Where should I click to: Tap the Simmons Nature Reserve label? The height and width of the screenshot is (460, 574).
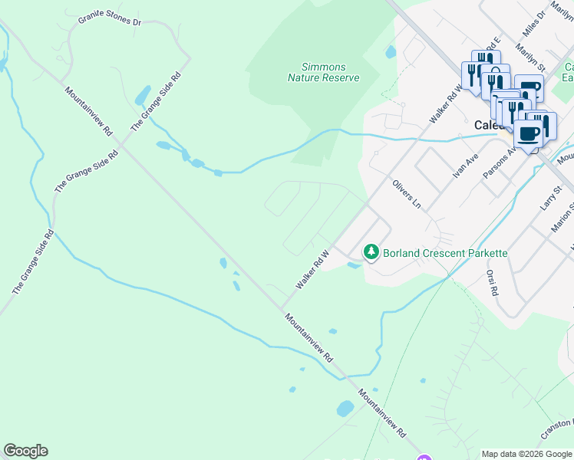[x=323, y=72]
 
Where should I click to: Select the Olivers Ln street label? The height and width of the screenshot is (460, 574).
[x=407, y=194]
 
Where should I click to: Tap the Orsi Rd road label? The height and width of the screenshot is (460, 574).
[x=492, y=282]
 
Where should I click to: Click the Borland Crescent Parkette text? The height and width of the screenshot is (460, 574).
[x=445, y=252]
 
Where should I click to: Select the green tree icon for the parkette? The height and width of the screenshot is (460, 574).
[x=371, y=251]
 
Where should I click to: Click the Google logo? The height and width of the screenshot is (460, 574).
[x=25, y=451]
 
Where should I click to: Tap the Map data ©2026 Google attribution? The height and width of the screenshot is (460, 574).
[x=526, y=454]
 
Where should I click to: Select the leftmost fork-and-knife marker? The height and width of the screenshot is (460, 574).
[x=472, y=74]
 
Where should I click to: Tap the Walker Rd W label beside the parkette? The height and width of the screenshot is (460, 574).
[x=312, y=269]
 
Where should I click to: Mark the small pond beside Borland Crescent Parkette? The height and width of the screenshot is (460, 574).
[x=353, y=266]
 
